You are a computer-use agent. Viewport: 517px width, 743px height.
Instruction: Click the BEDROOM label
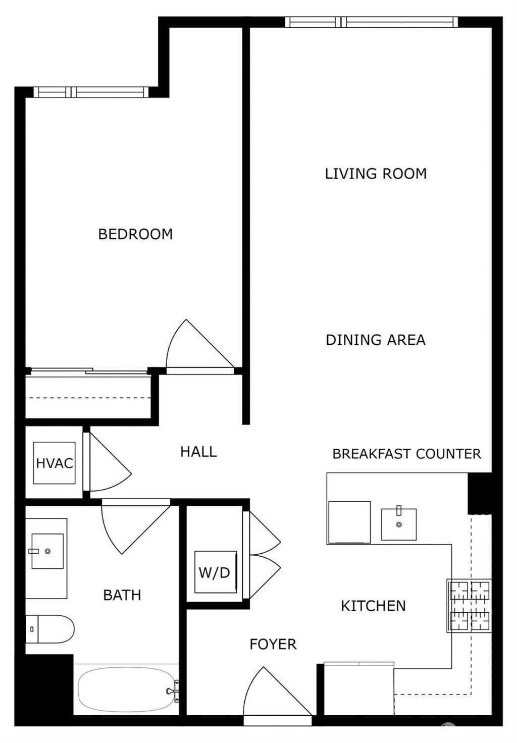pos(135,234)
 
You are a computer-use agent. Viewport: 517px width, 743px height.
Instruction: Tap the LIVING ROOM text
pos(376,174)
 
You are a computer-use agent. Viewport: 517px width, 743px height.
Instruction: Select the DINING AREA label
pos(376,340)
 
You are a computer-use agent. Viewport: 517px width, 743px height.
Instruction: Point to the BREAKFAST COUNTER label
pos(406,454)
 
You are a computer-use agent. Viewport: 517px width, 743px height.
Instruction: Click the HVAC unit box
pos(55,463)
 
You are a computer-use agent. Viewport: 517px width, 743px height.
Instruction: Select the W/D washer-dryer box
pos(216,572)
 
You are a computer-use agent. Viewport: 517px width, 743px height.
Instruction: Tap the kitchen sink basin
pos(399,524)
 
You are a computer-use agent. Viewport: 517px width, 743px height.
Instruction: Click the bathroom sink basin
pos(47,551)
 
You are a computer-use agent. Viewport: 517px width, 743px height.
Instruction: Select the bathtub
pos(127,689)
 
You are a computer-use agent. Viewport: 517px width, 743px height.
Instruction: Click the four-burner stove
pos(470,605)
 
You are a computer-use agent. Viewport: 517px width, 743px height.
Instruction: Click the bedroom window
pos(91,92)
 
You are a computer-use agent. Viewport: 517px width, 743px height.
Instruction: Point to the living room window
pos(371,22)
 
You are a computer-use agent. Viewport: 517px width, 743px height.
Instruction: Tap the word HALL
pos(198,452)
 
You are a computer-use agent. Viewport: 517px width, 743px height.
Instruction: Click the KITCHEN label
pos(373,606)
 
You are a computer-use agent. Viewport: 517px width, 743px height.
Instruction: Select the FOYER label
pos(273,644)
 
